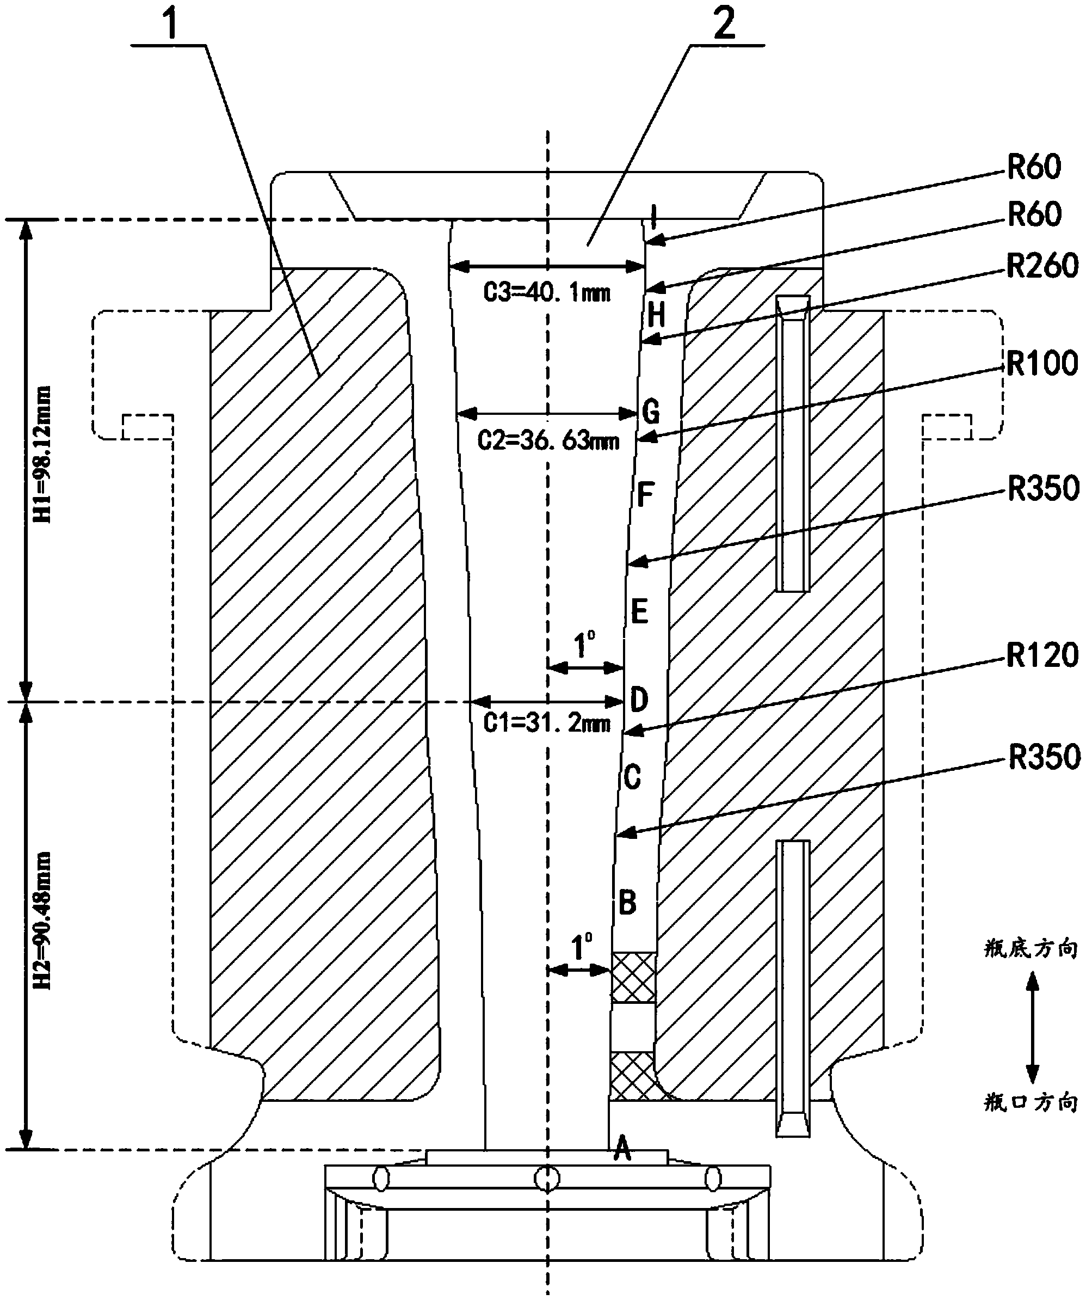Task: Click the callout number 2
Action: point(724,23)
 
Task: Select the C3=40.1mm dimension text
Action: point(547,292)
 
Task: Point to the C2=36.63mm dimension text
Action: point(548,441)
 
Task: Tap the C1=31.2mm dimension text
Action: point(547,723)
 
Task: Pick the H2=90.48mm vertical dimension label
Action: point(42,921)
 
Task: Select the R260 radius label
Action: point(1042,266)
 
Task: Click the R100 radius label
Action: point(1042,364)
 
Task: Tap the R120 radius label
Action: point(1042,655)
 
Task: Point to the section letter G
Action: point(651,411)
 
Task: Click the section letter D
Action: point(639,700)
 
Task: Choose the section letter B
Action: point(627,903)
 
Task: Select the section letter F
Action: point(645,495)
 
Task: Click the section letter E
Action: point(639,611)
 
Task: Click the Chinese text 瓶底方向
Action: point(1031,949)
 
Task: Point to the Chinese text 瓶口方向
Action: point(1031,1102)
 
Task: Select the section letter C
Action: point(632,776)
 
